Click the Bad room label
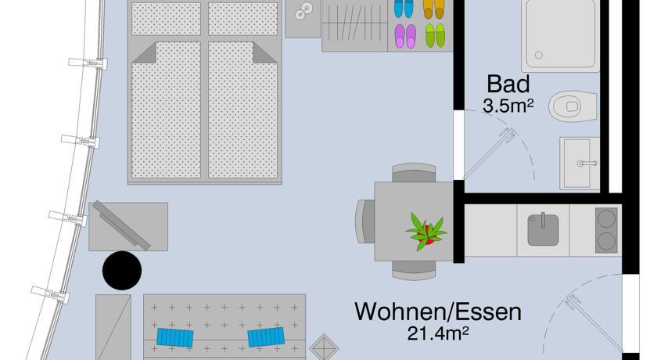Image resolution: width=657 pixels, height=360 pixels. tap(508, 85)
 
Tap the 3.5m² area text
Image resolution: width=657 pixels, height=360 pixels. tap(508, 106)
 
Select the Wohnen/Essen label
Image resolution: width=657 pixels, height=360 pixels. tap(437, 311)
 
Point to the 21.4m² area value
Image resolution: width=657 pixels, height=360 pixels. tap(437, 334)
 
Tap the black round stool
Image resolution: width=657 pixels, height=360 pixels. tap(122, 271)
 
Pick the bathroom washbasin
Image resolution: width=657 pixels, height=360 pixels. tap(580, 162)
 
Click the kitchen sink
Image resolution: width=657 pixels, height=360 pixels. tap(543, 229)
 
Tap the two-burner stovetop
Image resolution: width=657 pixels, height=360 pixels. tap(607, 229)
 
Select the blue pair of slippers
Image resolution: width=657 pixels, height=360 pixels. tap(404, 8)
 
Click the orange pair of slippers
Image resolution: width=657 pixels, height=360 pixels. tap(433, 8)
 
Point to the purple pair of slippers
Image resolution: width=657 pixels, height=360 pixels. tap(404, 35)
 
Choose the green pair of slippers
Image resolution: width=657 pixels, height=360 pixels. tap(434, 35)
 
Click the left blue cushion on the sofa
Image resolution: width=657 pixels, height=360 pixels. tap(175, 338)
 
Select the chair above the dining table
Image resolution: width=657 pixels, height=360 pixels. tap(414, 173)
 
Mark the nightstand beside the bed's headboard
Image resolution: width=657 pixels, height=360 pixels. tap(303, 17)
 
